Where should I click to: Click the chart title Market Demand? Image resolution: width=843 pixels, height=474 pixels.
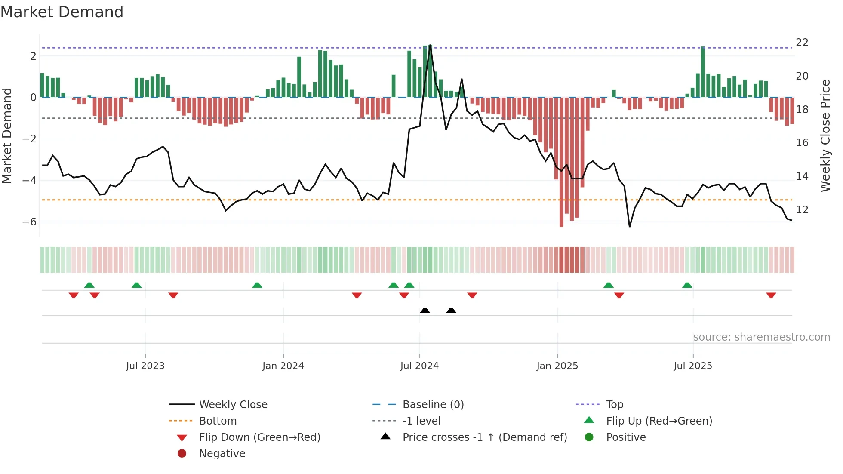(x=62, y=12)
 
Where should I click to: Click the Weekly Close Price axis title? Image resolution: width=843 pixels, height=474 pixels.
(x=825, y=135)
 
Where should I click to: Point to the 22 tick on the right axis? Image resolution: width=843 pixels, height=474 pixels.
(x=802, y=43)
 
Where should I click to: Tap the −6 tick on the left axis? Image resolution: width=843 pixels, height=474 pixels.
(x=29, y=222)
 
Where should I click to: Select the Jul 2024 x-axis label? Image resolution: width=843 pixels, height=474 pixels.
(x=419, y=366)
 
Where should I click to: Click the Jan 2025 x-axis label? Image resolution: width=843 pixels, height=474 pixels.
(x=557, y=366)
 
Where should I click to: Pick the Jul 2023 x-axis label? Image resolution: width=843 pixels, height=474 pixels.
(x=145, y=366)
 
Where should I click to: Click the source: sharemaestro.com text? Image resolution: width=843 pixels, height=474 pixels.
(x=761, y=337)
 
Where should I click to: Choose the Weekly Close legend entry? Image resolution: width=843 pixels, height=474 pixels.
(x=233, y=405)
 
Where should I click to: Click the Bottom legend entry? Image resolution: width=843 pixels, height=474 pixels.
(x=218, y=421)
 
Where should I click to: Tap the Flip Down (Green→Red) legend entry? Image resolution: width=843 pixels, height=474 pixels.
(x=259, y=437)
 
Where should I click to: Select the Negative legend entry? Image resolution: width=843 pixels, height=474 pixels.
(x=222, y=454)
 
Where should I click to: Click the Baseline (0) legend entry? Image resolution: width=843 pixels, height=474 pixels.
(x=433, y=405)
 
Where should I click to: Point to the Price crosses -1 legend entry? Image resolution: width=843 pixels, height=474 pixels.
(x=484, y=437)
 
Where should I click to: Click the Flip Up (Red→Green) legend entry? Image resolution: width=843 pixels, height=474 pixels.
(x=659, y=421)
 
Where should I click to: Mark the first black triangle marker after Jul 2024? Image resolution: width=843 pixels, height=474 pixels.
(x=425, y=310)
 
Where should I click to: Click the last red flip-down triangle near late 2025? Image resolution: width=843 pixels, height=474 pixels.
(x=771, y=295)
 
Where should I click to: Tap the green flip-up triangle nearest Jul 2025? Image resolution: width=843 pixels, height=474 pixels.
(x=687, y=285)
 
